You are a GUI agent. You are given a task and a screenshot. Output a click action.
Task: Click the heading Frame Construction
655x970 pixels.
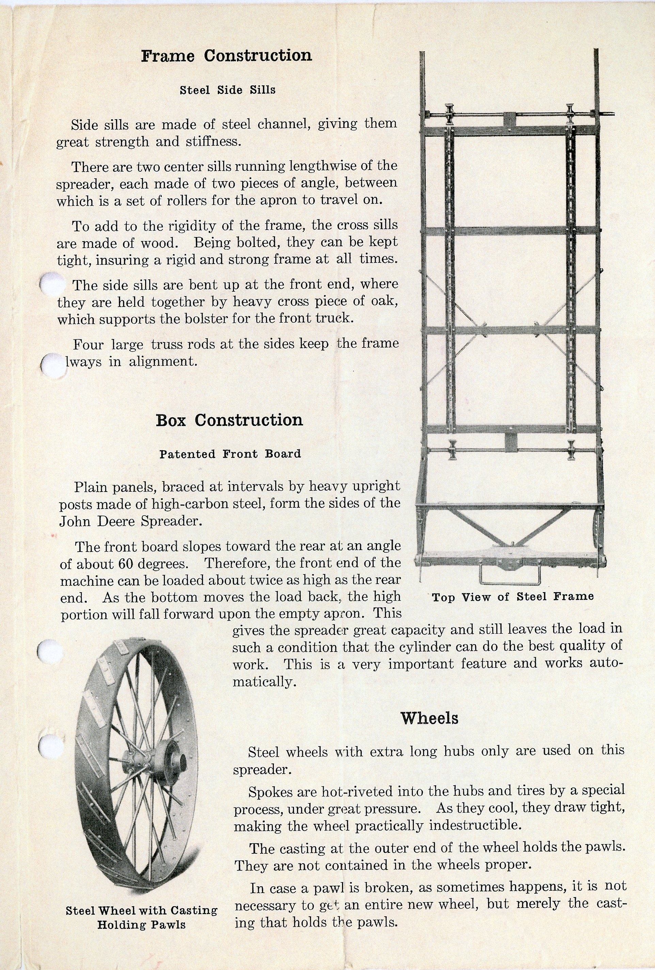click(226, 56)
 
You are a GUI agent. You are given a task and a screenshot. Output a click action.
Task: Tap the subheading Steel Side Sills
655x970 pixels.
click(228, 90)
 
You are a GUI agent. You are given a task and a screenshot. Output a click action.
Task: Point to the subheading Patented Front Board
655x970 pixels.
click(230, 454)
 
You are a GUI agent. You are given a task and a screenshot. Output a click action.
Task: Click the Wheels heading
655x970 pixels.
click(429, 718)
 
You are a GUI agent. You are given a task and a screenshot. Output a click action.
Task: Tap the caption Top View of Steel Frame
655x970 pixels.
click(512, 597)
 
